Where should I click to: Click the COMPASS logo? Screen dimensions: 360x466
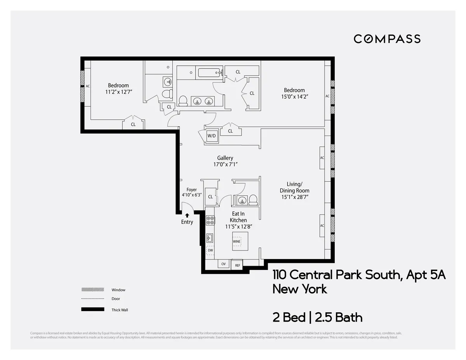click(x=387, y=39)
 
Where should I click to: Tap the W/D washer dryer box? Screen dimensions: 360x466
click(x=212, y=136)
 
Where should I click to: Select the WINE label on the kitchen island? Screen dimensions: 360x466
click(x=236, y=241)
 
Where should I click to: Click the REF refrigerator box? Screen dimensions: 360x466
click(x=237, y=265)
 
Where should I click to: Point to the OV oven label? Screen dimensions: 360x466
click(x=223, y=264)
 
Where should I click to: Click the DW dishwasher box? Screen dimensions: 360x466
click(x=210, y=250)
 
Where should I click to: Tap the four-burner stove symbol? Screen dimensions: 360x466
click(x=210, y=221)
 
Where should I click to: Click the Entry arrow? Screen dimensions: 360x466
click(x=187, y=215)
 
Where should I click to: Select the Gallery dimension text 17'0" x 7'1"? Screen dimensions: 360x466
click(x=225, y=164)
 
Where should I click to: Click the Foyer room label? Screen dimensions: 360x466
click(x=191, y=190)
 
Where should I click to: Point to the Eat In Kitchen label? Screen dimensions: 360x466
click(x=238, y=217)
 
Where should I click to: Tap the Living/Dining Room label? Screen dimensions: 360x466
click(x=294, y=187)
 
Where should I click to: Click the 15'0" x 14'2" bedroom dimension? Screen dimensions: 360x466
click(x=294, y=96)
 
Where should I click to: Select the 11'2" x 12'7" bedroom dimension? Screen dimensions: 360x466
click(x=118, y=92)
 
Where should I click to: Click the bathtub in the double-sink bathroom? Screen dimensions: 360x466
click(x=209, y=73)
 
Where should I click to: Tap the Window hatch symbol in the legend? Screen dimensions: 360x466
click(x=92, y=290)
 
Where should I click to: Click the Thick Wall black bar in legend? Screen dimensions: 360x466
click(x=92, y=310)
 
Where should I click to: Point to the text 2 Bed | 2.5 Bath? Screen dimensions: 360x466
click(x=317, y=318)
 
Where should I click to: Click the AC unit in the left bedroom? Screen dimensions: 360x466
click(x=88, y=86)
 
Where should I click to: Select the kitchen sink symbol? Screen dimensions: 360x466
click(x=210, y=238)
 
